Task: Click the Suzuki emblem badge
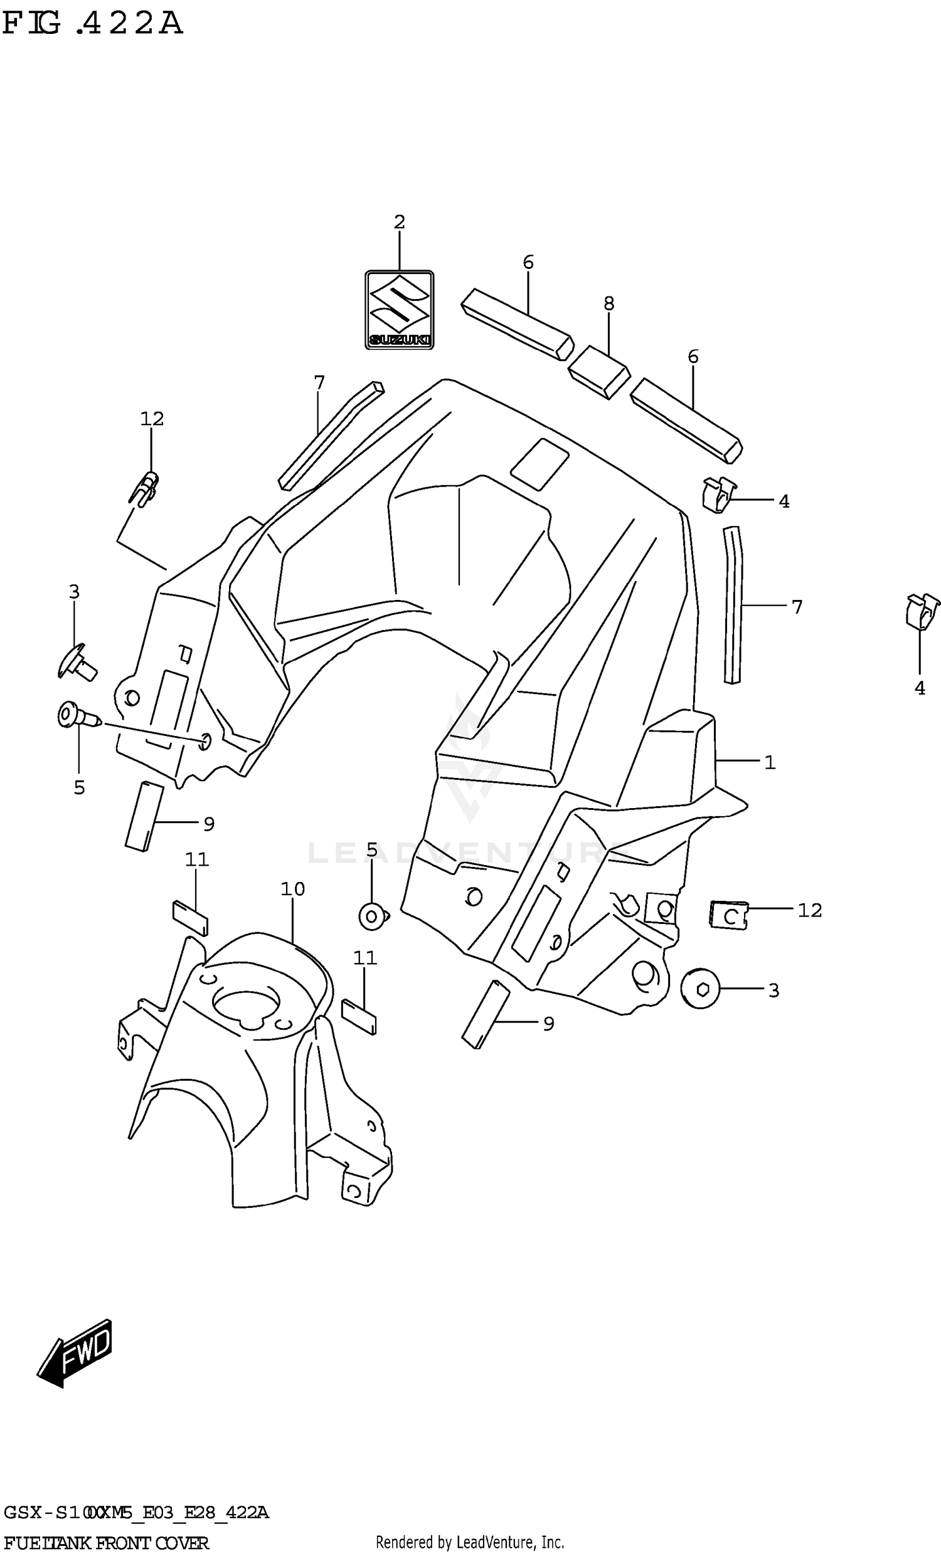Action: click(399, 310)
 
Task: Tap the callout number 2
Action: click(399, 222)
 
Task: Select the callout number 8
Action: click(609, 303)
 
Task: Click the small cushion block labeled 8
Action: click(599, 372)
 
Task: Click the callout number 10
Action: click(293, 889)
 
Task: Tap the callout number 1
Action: click(769, 762)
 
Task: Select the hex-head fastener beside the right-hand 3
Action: click(701, 989)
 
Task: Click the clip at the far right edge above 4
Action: click(922, 611)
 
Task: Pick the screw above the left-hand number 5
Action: click(78, 717)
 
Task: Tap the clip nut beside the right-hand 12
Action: click(729, 915)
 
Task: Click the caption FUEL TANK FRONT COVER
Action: click(106, 1543)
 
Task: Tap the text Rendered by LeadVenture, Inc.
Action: click(469, 1543)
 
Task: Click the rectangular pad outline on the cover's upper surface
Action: click(540, 464)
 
